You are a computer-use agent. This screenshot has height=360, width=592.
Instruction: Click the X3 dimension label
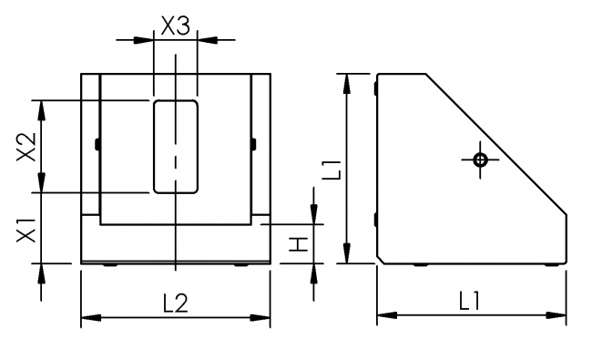175,26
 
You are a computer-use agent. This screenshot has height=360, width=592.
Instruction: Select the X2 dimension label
26,146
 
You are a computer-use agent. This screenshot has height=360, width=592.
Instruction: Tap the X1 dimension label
26,229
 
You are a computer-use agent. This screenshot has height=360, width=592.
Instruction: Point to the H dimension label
295,243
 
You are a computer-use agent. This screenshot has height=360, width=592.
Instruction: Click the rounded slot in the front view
175,146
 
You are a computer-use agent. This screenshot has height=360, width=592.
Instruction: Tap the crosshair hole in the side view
481,159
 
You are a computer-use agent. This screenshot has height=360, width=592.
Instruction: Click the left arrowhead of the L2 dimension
89,318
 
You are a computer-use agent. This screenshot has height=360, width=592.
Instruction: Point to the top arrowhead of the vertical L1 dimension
347,82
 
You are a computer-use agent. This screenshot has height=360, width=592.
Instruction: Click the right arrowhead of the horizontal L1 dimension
559,315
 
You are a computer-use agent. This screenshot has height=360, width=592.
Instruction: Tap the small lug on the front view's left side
96,143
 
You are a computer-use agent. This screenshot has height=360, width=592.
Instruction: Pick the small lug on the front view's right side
253,143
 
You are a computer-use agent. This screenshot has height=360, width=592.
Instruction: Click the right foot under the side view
551,265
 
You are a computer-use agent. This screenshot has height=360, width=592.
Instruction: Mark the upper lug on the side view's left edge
376,87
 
